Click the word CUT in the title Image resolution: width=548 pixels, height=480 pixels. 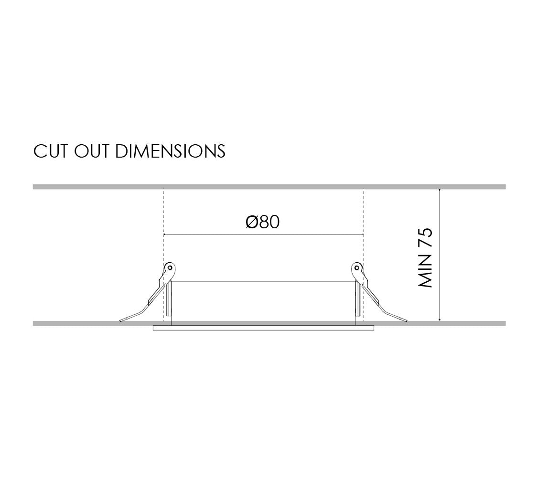tap(50, 151)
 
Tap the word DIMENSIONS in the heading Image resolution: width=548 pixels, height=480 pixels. tap(170, 151)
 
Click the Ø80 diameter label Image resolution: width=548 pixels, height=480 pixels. tap(262, 222)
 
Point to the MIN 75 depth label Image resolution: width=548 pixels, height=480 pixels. tap(425, 258)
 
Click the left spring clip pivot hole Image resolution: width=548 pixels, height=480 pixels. tap(170, 268)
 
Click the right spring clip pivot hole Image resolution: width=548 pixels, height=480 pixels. tap(356, 268)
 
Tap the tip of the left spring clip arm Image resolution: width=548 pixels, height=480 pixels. tap(120, 320)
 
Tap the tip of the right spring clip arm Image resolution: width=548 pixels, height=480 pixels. tap(407, 320)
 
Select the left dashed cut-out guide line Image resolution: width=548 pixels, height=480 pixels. tap(163, 255)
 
